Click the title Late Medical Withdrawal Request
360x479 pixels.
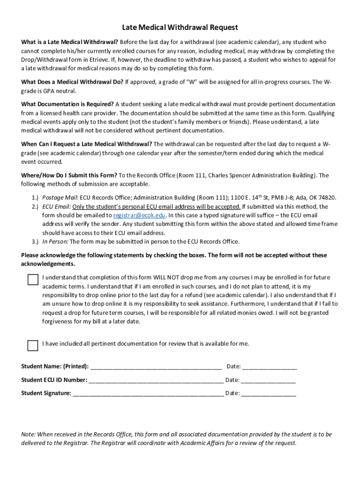tap(180, 28)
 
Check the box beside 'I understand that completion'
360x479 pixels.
tap(32, 280)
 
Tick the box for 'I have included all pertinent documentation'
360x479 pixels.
tap(32, 346)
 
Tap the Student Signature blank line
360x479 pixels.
tap(148, 393)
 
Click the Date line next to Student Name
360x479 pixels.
tap(269, 367)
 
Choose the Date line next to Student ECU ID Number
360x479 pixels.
tap(268, 380)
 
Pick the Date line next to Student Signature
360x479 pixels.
tap(268, 393)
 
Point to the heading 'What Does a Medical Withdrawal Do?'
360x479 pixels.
tap(72, 82)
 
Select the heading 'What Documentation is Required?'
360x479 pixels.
tap(67, 104)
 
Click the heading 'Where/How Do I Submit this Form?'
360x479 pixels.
tap(69, 175)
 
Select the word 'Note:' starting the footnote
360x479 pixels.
tap(28, 435)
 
